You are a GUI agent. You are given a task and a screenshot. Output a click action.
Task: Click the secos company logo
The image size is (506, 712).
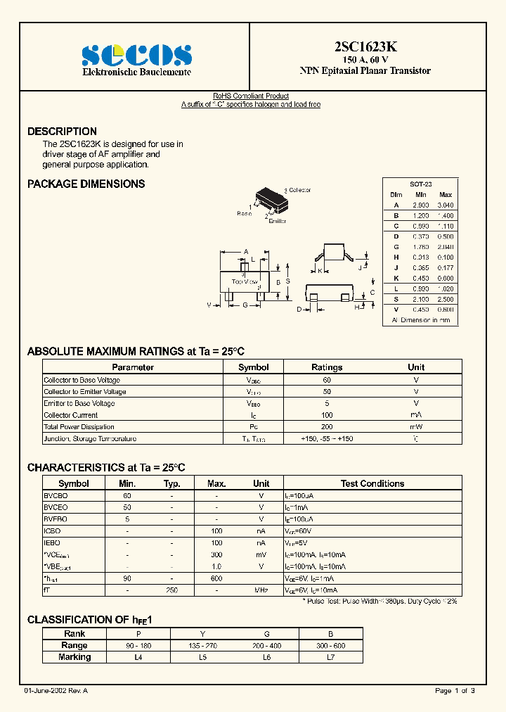(136, 54)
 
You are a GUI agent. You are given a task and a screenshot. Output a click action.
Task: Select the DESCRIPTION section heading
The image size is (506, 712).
(62, 132)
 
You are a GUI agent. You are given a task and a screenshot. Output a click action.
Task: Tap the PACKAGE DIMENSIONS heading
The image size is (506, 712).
(86, 184)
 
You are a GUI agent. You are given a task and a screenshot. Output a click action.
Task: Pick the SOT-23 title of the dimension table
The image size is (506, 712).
(421, 182)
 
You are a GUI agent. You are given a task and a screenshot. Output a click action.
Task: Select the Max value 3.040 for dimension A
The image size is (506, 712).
(446, 205)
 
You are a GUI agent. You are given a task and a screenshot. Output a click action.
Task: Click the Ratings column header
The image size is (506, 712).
(327, 367)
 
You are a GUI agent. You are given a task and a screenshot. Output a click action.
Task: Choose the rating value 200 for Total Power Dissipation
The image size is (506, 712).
(327, 427)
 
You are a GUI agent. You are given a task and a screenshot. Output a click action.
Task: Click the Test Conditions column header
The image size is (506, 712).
(372, 483)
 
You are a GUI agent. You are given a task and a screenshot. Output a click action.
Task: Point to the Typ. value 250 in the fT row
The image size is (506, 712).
(171, 590)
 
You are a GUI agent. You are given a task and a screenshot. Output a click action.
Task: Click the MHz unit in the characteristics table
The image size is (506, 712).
(261, 590)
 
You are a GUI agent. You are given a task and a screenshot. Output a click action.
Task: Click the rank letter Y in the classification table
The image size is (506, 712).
(202, 633)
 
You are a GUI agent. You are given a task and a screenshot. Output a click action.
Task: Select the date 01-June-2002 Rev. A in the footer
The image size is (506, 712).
(56, 691)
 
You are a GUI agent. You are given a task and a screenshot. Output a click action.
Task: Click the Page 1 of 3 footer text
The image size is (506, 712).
(455, 691)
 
